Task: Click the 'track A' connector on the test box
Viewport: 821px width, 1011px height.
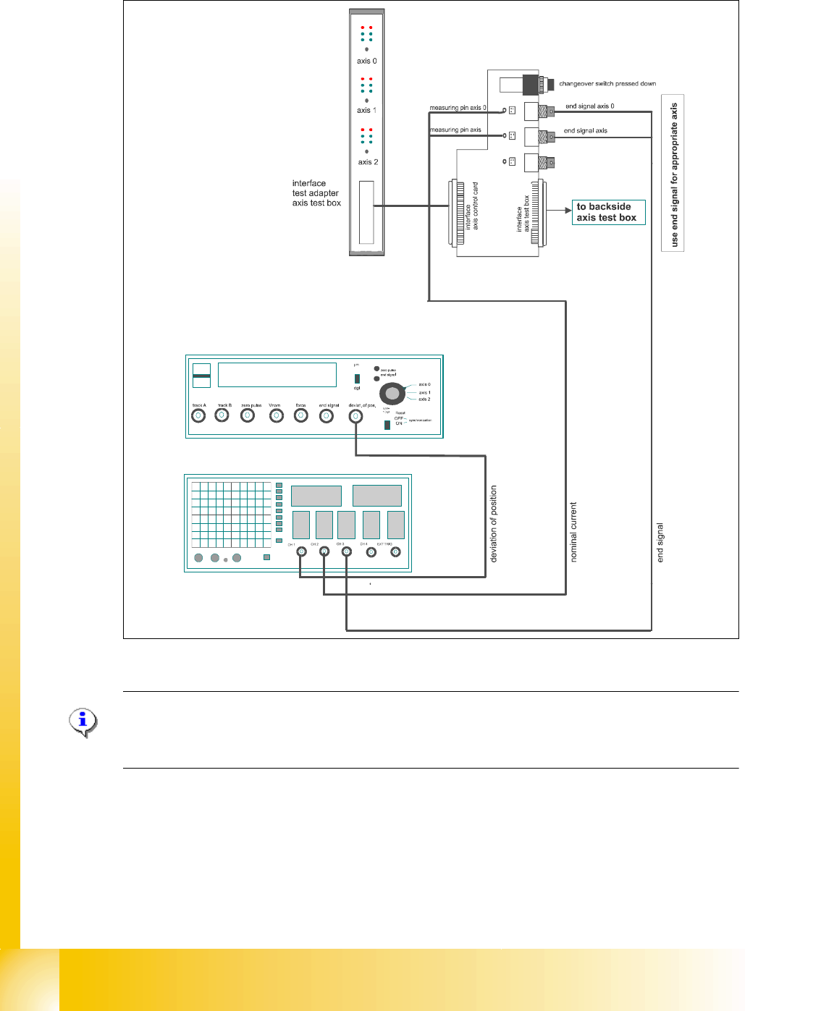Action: (198, 415)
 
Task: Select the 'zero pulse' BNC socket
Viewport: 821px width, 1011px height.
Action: (248, 415)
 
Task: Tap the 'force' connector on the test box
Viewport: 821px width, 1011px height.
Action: (301, 415)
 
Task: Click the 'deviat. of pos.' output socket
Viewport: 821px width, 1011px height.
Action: (355, 416)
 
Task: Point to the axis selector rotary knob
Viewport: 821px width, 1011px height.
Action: (392, 394)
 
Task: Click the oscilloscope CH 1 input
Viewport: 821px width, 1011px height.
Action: (301, 552)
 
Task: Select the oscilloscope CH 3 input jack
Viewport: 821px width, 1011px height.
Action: (347, 552)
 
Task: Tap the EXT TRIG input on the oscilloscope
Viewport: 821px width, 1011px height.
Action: (395, 552)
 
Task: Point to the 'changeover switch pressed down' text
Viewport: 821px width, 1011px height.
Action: (607, 83)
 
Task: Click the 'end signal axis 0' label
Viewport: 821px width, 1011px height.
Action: (589, 106)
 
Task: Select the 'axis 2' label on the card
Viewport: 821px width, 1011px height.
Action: (368, 162)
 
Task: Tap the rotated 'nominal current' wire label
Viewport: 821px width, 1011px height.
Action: (573, 532)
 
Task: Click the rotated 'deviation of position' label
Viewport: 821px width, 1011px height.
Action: (494, 523)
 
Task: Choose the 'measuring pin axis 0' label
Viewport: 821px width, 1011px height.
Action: (458, 108)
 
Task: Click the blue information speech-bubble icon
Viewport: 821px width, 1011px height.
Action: (83, 722)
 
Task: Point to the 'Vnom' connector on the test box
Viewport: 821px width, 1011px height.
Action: (276, 415)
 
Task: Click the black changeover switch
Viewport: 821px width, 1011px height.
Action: (531, 84)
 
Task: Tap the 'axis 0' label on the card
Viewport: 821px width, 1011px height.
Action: (366, 62)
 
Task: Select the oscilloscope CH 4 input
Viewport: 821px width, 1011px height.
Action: (371, 552)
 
